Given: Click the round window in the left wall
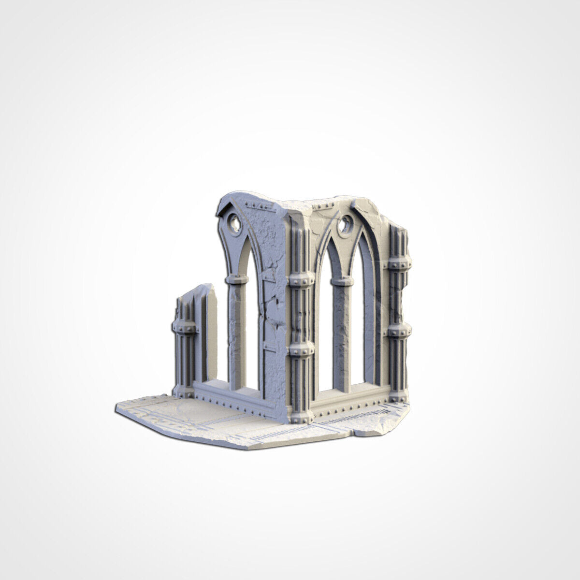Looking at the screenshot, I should pos(234,223).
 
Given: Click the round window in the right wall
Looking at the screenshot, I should pos(346,224).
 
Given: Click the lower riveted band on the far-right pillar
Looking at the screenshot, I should pos(399,331).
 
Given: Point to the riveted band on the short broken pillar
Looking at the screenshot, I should pos(184,328).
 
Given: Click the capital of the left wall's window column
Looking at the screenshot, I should pos(237,279).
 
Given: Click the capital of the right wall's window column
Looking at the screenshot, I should pos(342,281).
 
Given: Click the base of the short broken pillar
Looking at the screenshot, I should pos(184,391).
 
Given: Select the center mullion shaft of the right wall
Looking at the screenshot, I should pos(342,338).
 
